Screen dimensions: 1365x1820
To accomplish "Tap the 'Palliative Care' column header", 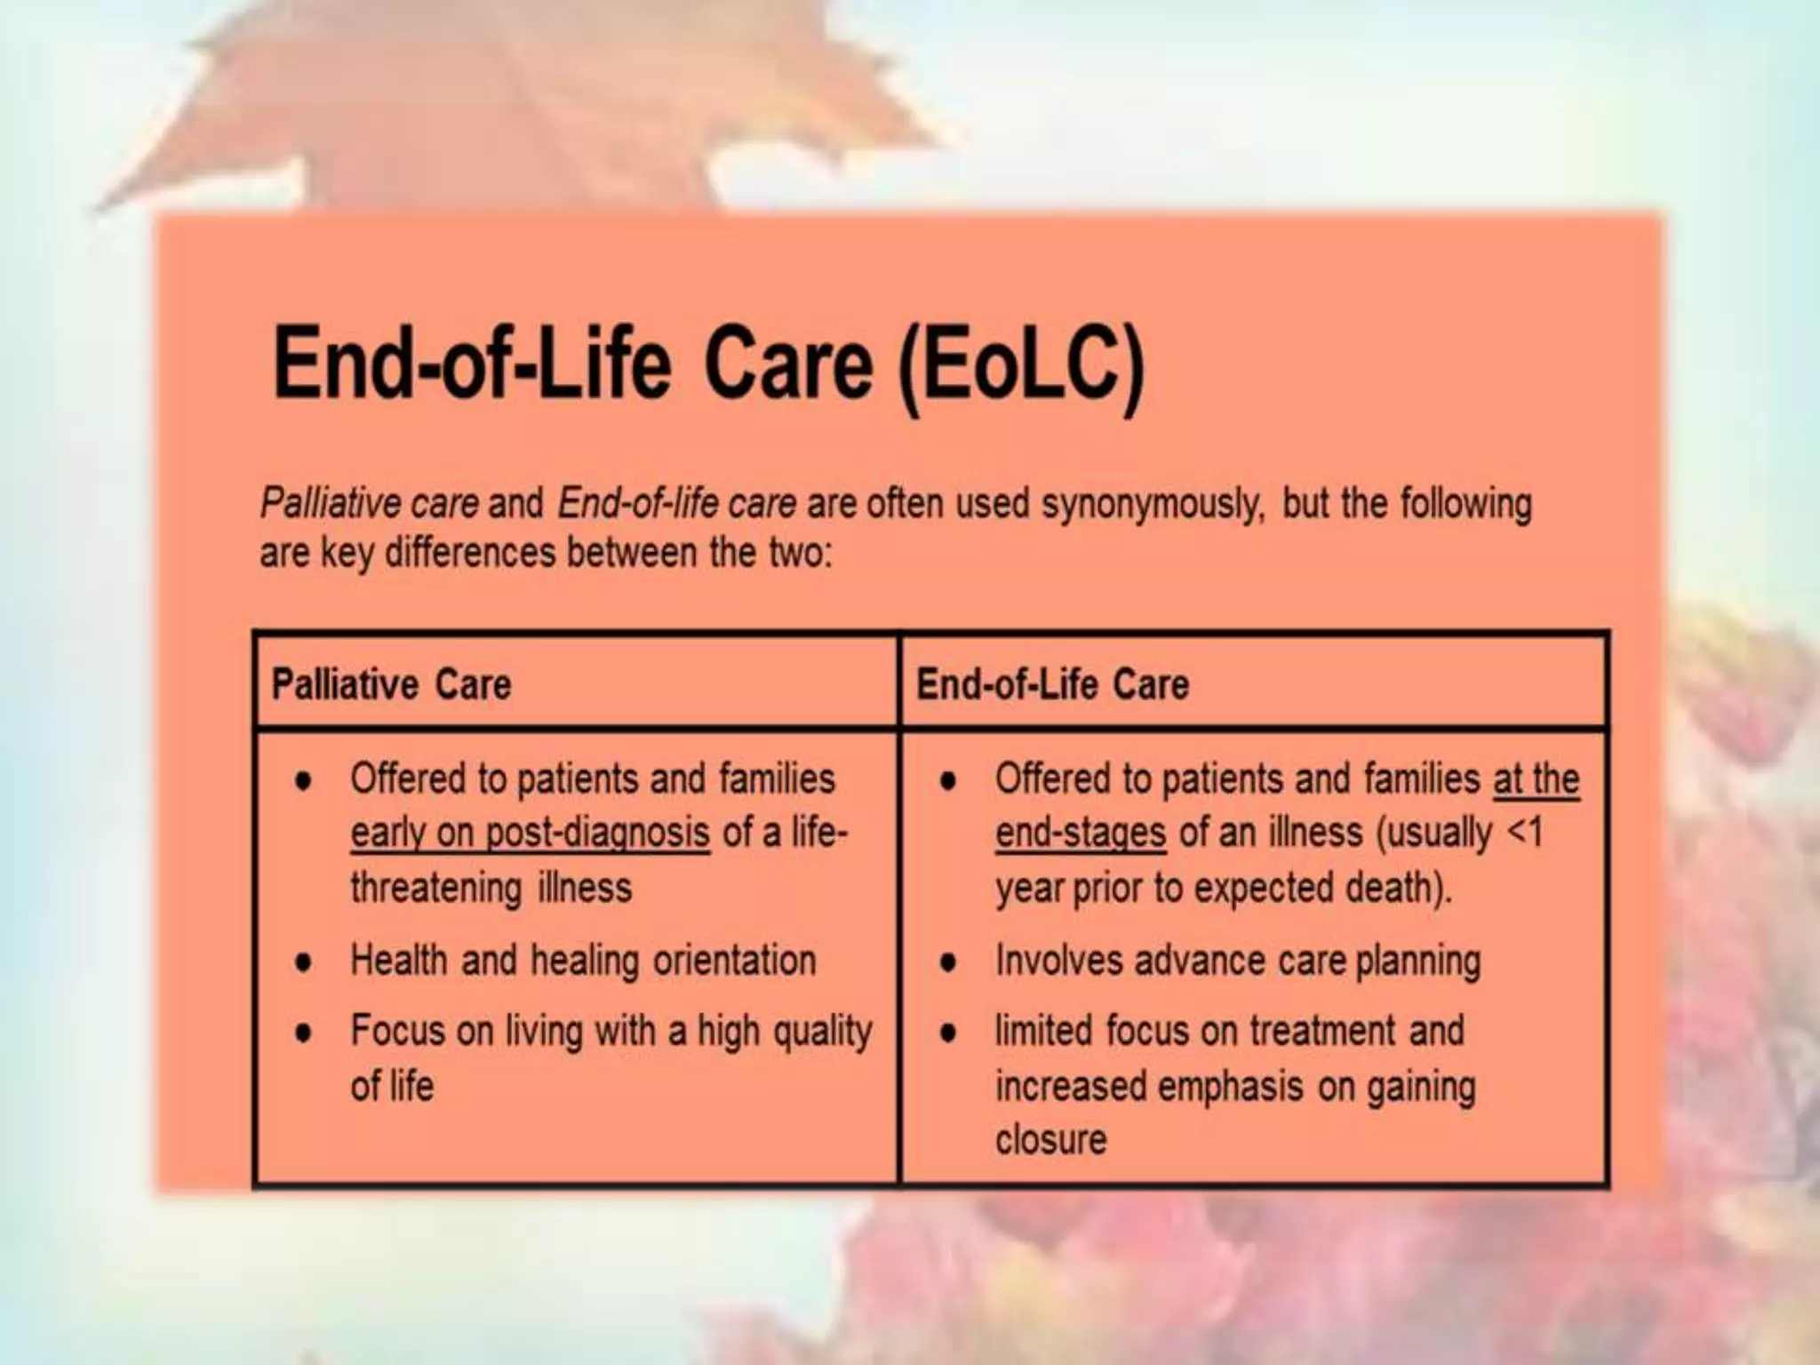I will point(391,685).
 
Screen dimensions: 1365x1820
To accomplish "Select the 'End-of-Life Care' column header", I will point(1052,685).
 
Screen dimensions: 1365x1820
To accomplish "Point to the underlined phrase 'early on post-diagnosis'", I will point(530,834).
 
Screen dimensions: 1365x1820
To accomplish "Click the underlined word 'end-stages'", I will point(1080,834).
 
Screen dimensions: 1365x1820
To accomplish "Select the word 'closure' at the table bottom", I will point(1050,1140).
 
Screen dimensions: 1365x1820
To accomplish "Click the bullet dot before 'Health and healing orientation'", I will point(304,962).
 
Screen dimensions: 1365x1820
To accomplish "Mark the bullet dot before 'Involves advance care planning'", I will point(948,962).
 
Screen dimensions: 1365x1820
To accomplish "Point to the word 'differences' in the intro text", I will point(471,553).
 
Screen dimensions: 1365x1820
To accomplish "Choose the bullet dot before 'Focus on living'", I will point(304,1034).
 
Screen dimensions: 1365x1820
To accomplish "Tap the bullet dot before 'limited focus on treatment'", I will point(948,1034).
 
